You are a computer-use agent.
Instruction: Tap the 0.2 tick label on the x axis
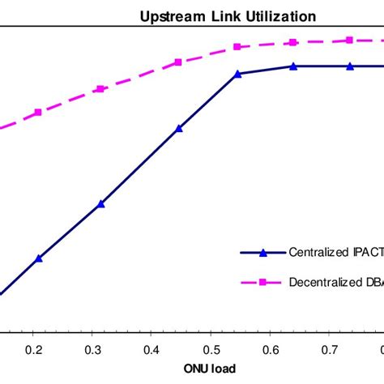pos(33,350)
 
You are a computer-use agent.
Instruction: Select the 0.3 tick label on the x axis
pos(92,350)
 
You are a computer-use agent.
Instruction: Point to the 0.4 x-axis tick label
pos(151,350)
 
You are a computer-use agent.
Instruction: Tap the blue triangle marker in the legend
pos(262,252)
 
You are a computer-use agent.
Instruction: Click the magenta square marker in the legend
pos(262,283)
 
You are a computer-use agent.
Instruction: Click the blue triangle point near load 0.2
pos(39,258)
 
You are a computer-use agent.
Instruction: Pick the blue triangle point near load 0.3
pos(100,203)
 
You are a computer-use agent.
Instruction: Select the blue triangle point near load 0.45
pos(179,128)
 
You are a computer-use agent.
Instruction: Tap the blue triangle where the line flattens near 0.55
pos(237,74)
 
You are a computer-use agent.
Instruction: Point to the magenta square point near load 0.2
pos(37,113)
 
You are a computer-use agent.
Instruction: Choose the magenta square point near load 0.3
pos(100,88)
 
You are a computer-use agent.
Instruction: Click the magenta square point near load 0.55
pos(238,48)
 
